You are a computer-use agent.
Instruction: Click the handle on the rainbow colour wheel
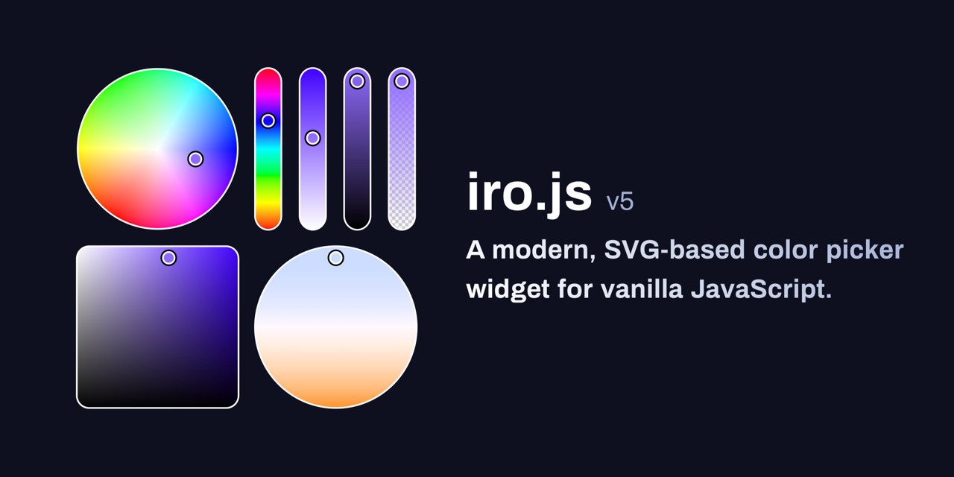(195, 159)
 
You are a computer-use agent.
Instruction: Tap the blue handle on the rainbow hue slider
(268, 121)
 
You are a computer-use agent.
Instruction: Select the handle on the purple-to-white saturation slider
(312, 138)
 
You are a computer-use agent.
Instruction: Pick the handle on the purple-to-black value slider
(357, 81)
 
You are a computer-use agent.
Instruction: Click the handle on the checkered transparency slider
(402, 81)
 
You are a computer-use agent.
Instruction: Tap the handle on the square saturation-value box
(168, 258)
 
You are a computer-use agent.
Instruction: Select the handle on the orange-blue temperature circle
(335, 258)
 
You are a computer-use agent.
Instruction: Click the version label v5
(620, 202)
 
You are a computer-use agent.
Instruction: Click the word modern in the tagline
(544, 250)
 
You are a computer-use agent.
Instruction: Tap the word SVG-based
(675, 250)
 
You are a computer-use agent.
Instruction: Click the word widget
(508, 290)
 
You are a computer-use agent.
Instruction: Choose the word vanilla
(642, 289)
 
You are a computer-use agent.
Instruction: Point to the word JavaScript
(761, 290)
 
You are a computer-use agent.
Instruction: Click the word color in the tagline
(786, 250)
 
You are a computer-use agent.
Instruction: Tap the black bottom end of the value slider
(357, 222)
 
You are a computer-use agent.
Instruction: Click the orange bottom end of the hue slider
(268, 222)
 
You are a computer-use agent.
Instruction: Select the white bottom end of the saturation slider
(312, 222)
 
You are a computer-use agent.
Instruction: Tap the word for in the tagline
(575, 289)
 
